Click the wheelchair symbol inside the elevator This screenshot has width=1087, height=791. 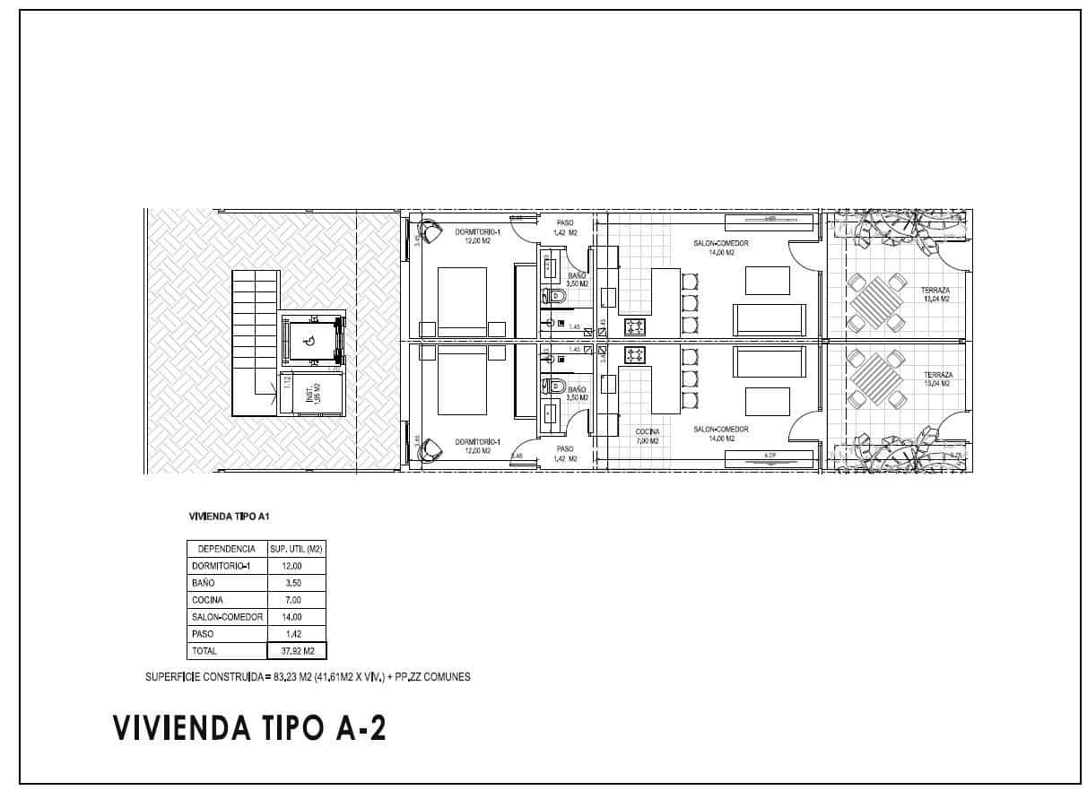point(309,341)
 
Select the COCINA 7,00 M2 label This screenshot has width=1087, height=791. point(647,436)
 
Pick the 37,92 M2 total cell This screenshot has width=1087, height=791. point(296,651)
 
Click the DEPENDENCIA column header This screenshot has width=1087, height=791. point(226,549)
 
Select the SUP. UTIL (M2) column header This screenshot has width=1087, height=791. point(296,549)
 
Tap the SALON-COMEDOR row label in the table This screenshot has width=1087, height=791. point(227,617)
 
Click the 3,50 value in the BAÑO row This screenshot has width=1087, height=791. point(293,583)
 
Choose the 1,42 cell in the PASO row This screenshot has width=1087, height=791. point(293,634)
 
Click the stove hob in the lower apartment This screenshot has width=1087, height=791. point(635,354)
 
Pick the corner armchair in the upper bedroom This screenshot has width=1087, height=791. point(431,230)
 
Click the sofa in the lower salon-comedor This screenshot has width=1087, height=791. point(769,362)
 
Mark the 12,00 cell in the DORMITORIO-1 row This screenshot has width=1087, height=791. point(293,566)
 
